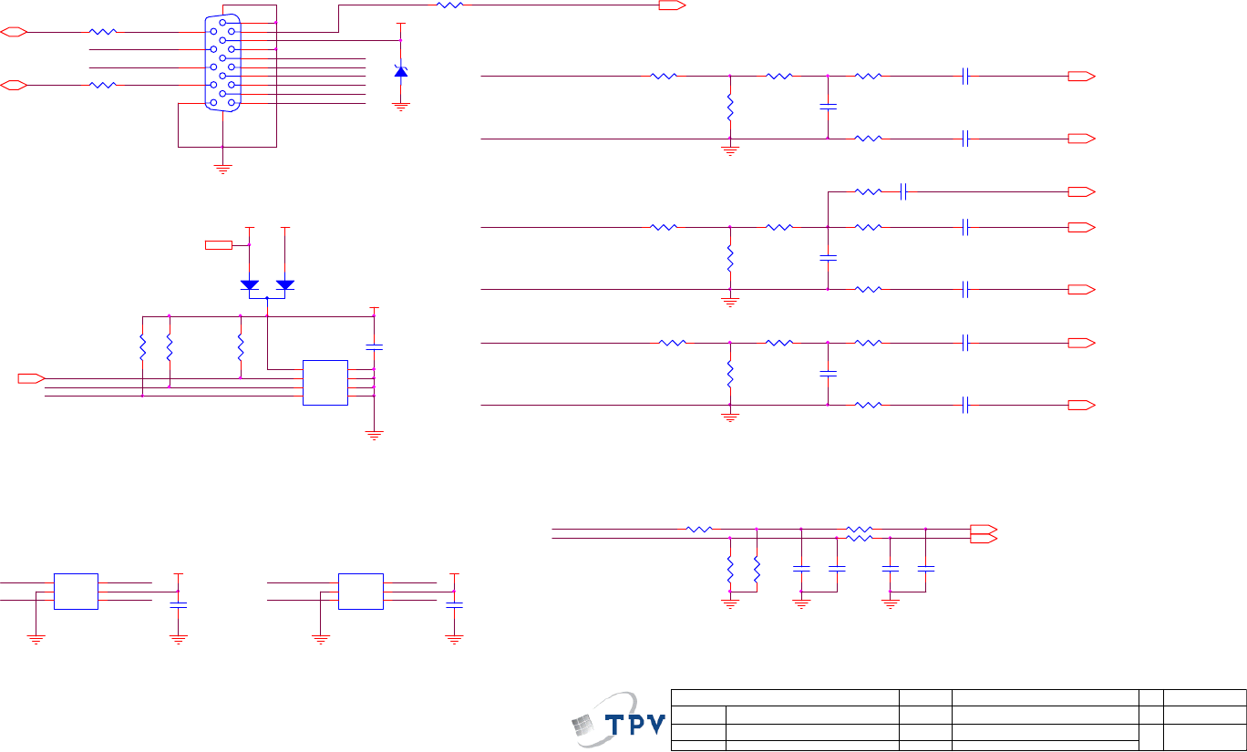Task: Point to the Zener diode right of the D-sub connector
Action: point(400,70)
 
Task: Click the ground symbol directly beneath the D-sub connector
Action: point(222,167)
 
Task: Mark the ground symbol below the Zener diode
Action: point(400,107)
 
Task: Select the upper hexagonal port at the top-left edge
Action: point(14,32)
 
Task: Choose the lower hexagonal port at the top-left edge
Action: point(14,86)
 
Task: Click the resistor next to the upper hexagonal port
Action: point(103,32)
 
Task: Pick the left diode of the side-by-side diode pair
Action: point(250,284)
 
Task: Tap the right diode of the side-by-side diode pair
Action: point(285,284)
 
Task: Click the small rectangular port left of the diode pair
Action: point(219,244)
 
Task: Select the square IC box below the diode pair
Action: point(325,383)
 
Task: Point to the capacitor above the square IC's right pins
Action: point(374,346)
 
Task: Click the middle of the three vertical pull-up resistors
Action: point(170,347)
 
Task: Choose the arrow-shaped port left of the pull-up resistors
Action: point(31,377)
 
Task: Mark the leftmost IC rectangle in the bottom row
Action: point(76,592)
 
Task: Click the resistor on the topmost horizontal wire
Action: point(450,5)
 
